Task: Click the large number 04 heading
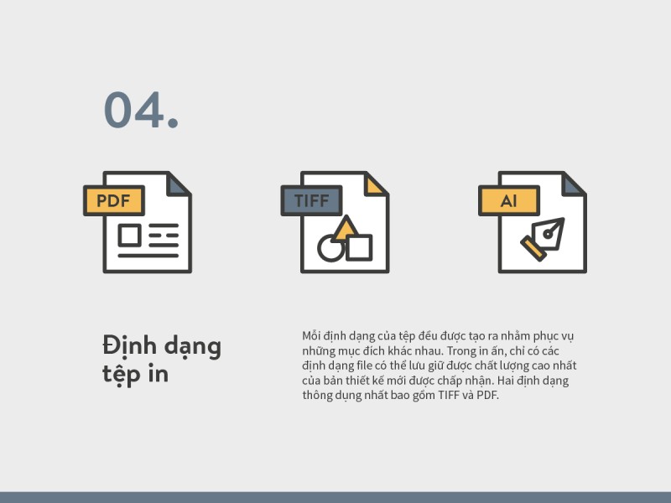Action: point(141,110)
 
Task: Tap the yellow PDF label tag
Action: point(114,200)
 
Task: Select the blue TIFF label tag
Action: point(311,200)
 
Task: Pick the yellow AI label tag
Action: point(509,200)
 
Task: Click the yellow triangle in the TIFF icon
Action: point(346,228)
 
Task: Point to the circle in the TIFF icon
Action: point(330,248)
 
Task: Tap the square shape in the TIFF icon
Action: point(359,247)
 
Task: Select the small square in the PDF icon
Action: point(130,236)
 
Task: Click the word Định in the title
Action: point(130,345)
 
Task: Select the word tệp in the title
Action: point(122,375)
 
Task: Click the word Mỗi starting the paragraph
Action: point(311,336)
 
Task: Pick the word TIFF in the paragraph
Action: point(448,395)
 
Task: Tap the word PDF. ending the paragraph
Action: point(488,395)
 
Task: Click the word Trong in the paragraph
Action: point(461,351)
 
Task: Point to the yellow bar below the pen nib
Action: point(533,249)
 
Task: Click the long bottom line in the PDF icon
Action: point(148,256)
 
